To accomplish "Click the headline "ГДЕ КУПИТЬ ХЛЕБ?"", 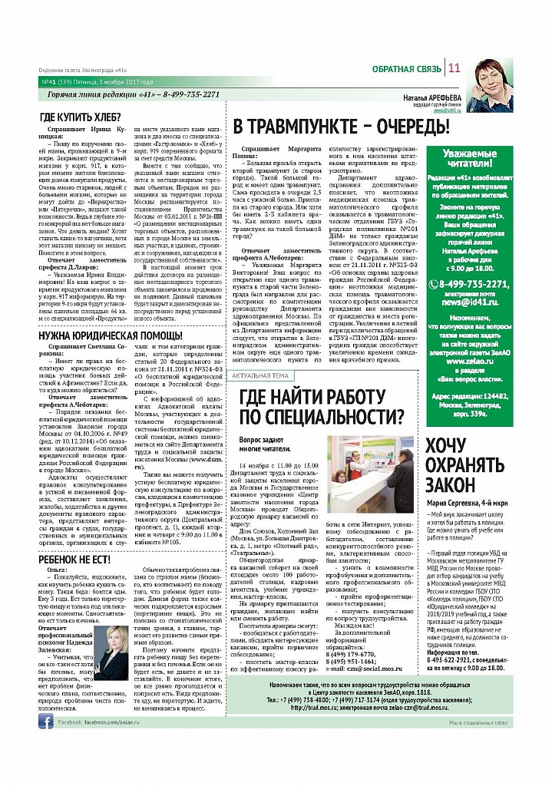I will coord(81,117).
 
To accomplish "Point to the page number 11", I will coord(454,68).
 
